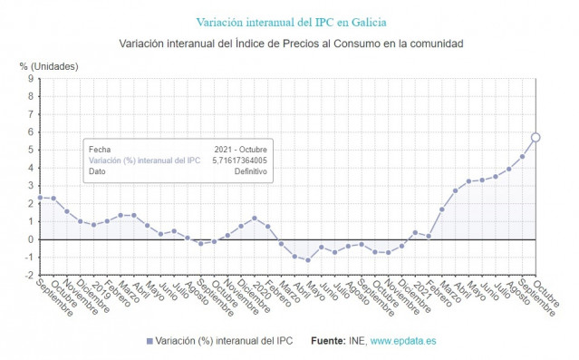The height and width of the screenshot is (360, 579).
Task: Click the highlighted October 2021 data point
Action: pos(536,137)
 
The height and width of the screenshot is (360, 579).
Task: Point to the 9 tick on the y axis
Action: pos(30,79)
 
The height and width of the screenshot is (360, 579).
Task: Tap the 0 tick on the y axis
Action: pos(30,239)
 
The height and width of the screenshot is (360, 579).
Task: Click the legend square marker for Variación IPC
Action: pos(150,341)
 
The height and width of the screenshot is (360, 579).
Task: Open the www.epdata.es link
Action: pos(403,341)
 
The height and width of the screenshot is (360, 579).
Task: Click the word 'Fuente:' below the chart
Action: pos(327,341)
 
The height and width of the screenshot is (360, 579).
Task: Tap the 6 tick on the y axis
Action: pos(30,132)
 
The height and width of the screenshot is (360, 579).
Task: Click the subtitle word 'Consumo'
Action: pos(334,44)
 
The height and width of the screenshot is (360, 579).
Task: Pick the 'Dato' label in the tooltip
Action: pos(97,171)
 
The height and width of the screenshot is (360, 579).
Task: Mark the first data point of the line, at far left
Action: pos(40,198)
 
